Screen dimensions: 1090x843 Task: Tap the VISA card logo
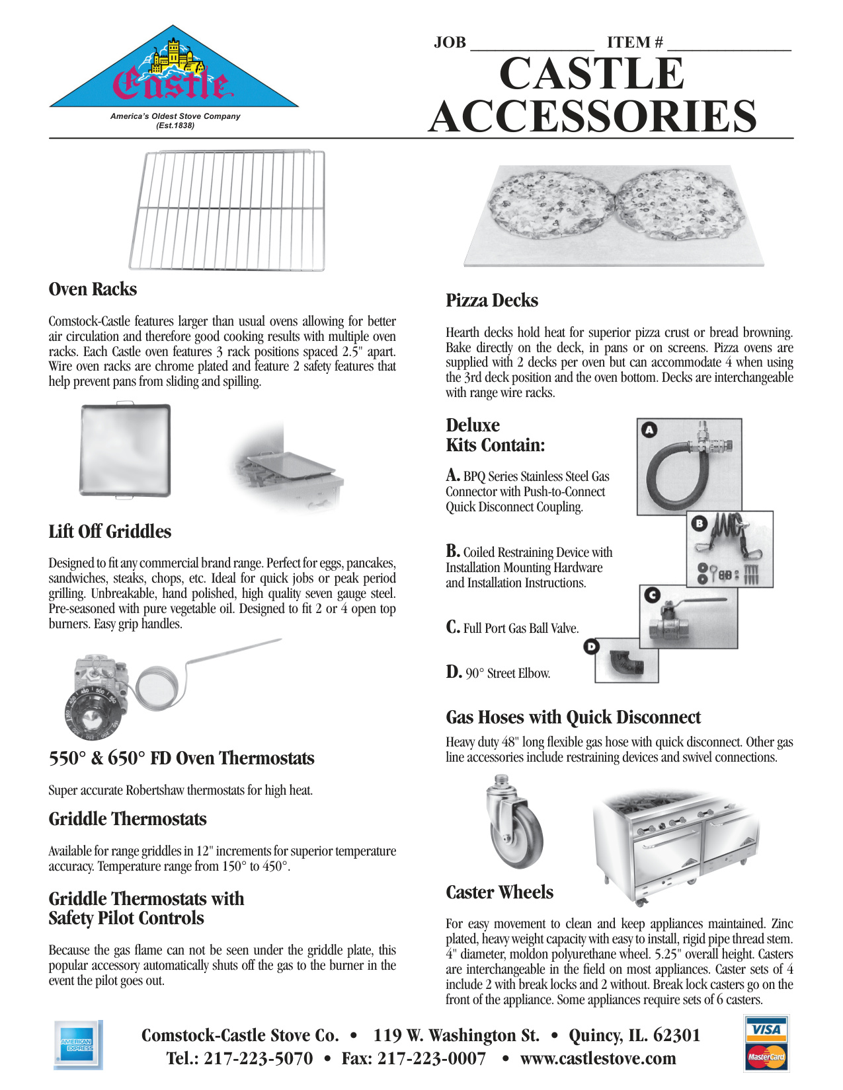point(766,1029)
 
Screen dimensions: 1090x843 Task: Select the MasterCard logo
point(766,1056)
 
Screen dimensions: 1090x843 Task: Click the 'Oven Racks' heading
point(93,289)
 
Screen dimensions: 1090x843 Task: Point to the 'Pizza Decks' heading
point(492,301)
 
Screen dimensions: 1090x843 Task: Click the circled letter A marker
point(649,429)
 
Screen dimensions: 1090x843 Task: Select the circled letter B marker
point(699,523)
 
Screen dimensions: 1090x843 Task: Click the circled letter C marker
point(652,595)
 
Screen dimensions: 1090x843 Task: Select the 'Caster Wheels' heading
point(499,892)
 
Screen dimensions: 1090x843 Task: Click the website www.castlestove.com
point(598,1058)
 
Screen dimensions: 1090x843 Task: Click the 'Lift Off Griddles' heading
point(110,532)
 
